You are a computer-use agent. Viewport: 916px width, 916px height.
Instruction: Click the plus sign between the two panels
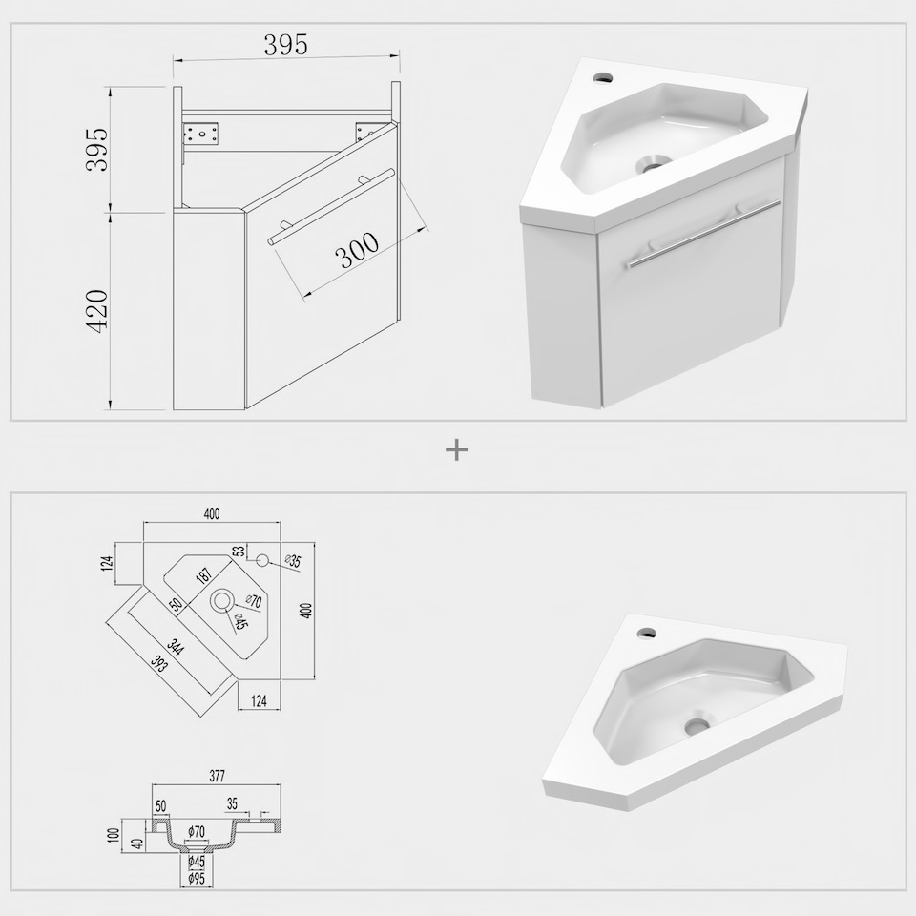pyautogui.click(x=457, y=449)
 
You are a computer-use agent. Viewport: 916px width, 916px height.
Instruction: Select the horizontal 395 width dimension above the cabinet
pyautogui.click(x=285, y=44)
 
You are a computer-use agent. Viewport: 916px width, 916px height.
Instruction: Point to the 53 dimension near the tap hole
pyautogui.click(x=239, y=552)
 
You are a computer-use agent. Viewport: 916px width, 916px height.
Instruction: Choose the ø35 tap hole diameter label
pyautogui.click(x=293, y=562)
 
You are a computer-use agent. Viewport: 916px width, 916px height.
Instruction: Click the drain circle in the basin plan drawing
pyautogui.click(x=222, y=601)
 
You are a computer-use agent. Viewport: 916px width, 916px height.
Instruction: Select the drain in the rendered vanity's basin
pyautogui.click(x=654, y=163)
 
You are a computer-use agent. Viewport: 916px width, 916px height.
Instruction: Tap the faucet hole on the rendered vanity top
pyautogui.click(x=602, y=73)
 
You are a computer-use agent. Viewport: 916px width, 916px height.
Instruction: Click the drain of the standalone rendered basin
pyautogui.click(x=697, y=725)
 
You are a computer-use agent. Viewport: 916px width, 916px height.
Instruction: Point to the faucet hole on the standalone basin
pyautogui.click(x=646, y=631)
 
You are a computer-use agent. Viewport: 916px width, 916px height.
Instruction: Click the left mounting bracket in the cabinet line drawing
pyautogui.click(x=203, y=134)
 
